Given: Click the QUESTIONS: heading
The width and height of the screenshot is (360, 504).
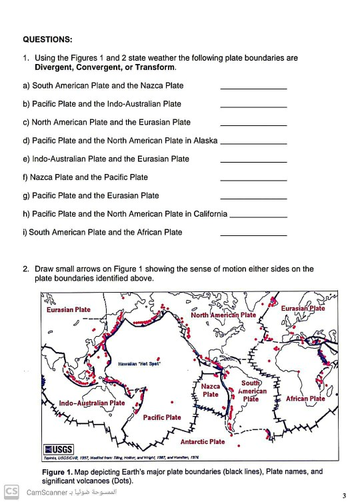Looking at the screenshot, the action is point(48,39).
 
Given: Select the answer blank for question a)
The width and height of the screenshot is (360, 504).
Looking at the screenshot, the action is point(253,89).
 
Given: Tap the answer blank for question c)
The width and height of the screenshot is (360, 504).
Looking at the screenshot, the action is point(253,125).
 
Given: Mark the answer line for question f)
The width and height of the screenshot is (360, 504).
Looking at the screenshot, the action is point(253,181).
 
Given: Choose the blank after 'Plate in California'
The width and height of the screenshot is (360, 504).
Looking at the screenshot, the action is point(259,217).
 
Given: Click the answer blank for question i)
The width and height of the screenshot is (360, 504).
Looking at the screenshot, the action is point(253,235).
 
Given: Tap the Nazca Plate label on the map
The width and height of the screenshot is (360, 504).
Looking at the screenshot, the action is point(211,390).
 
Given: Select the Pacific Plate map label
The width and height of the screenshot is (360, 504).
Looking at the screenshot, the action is point(162,417).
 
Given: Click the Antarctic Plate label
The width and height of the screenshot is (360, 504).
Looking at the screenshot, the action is point(203,441).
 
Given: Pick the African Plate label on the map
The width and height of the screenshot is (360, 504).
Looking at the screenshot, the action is point(305,399).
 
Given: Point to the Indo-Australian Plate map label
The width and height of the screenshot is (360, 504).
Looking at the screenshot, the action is point(92,403).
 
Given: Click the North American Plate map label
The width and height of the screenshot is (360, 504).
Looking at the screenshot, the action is point(223,315).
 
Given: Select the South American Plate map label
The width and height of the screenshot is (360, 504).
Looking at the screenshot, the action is point(250,391).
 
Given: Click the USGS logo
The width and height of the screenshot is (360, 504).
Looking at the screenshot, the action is point(59,448).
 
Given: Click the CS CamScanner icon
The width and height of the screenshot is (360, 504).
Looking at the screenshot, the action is point(10,493).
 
